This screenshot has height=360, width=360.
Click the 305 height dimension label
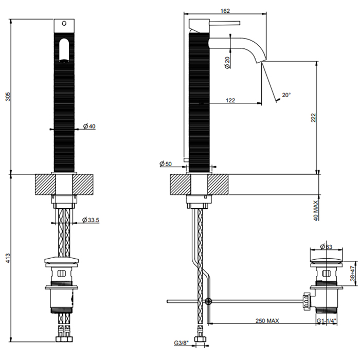[x=8, y=97]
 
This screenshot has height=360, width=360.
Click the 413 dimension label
[x=8, y=258]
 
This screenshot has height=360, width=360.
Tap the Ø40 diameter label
[x=89, y=126]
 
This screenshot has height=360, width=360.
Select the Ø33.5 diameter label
[x=91, y=220]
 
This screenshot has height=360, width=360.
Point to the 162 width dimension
[x=225, y=11]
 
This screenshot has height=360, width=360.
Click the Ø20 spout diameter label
[x=227, y=63]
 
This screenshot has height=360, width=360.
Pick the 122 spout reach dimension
[x=230, y=100]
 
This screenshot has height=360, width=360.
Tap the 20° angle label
[x=286, y=95]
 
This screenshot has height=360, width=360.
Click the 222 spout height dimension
[x=313, y=118]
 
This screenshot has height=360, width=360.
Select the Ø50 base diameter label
[x=166, y=164]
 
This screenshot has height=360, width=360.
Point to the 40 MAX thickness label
[x=316, y=210]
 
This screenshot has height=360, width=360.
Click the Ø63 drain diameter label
[x=326, y=247]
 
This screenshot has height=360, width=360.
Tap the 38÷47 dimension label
[x=353, y=274]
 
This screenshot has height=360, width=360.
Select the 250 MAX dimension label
[x=267, y=321]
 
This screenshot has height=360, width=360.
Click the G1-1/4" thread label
[x=327, y=321]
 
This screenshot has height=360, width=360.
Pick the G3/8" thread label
[x=181, y=343]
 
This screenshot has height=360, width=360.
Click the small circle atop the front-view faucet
[x=64, y=23]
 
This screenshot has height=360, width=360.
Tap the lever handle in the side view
[x=225, y=23]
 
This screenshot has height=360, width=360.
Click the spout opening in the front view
[x=64, y=50]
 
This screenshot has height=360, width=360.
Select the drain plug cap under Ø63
[x=326, y=261]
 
